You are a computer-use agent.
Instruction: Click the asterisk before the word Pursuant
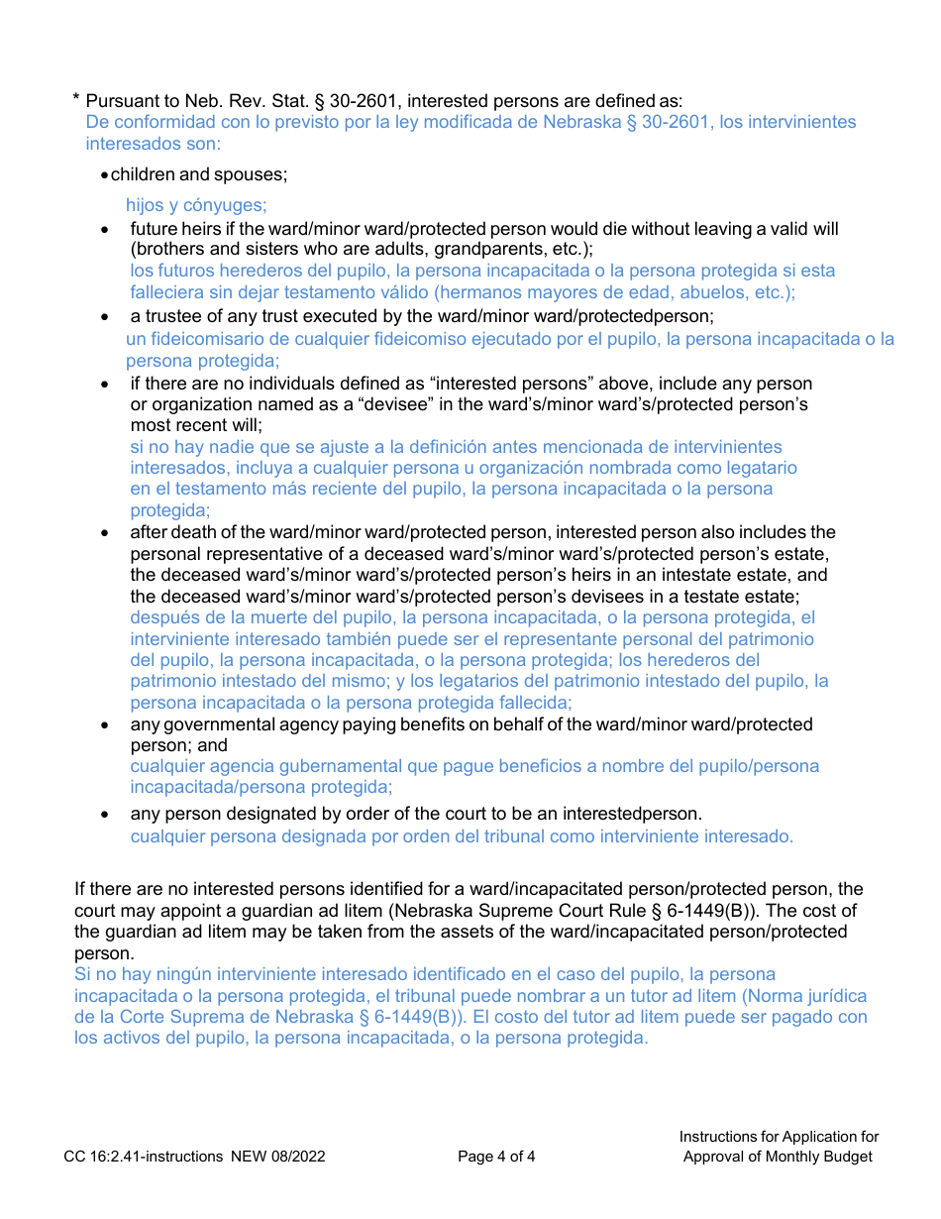[76, 99]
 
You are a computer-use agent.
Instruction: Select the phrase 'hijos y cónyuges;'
[196, 205]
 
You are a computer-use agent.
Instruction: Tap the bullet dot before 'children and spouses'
[105, 175]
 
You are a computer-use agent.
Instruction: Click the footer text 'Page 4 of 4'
[496, 1157]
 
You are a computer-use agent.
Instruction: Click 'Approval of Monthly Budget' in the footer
[779, 1157]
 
